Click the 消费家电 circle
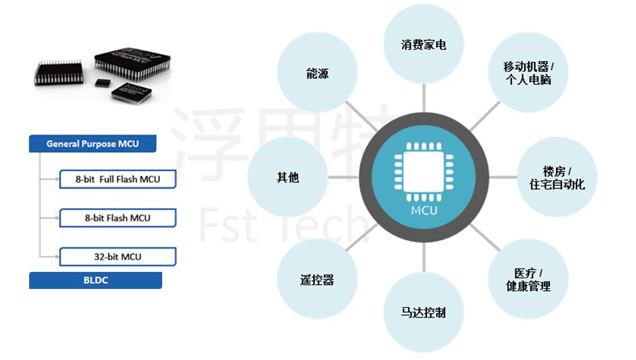[x=423, y=45]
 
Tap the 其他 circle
[x=287, y=178]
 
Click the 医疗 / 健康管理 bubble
[x=528, y=279]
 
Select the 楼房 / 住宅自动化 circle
[x=557, y=177]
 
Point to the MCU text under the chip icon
[x=424, y=210]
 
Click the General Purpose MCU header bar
[x=93, y=144]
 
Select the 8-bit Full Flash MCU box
[x=118, y=180]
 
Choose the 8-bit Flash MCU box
[x=118, y=218]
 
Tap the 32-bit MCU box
[x=118, y=257]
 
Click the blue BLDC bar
[x=96, y=280]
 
